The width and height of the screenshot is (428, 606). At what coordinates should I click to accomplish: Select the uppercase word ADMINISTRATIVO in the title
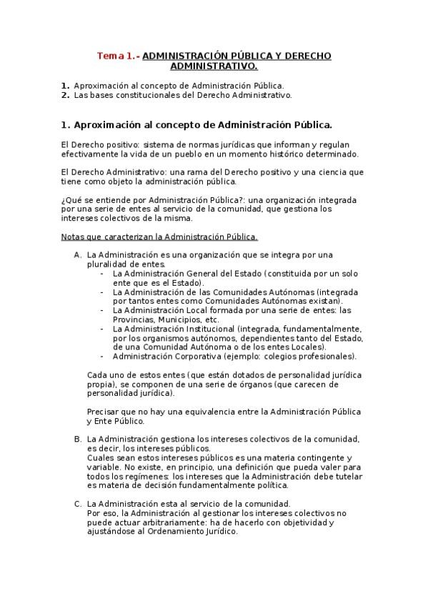(x=213, y=66)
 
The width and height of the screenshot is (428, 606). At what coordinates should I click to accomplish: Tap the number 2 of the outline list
(x=64, y=94)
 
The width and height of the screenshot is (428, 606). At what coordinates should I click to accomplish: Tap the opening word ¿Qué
(x=72, y=200)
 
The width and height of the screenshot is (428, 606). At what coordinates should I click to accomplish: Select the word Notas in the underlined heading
(x=74, y=237)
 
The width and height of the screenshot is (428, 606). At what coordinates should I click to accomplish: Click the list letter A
(x=77, y=255)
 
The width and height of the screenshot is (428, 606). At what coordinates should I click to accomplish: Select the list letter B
(x=77, y=439)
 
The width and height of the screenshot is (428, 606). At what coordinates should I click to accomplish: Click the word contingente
(x=307, y=457)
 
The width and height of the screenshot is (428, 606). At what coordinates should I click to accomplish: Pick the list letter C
(x=77, y=504)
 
